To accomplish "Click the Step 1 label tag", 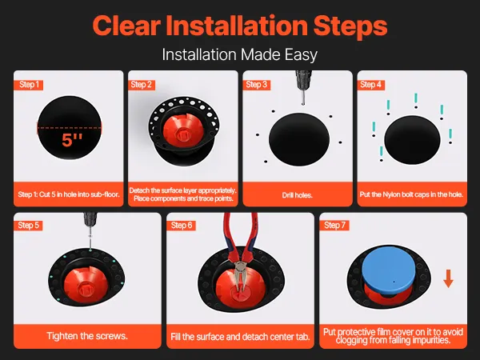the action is click(29, 85).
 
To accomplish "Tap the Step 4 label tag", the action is click(370, 85).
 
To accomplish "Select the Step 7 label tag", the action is click(334, 226).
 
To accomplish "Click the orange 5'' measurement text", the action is click(72, 140).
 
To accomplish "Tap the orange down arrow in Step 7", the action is click(448, 278).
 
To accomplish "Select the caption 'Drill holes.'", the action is click(298, 195).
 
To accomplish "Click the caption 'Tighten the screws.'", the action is click(87, 336).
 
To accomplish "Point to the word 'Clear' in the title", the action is click(126, 26).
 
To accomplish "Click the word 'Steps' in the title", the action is click(350, 26).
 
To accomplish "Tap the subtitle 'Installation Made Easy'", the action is click(240, 54).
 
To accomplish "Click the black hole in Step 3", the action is click(299, 139).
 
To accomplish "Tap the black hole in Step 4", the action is click(412, 140).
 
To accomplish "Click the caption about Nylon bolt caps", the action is click(411, 194).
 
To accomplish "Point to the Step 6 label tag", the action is click(182, 226).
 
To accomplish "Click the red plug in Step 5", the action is click(86, 283).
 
